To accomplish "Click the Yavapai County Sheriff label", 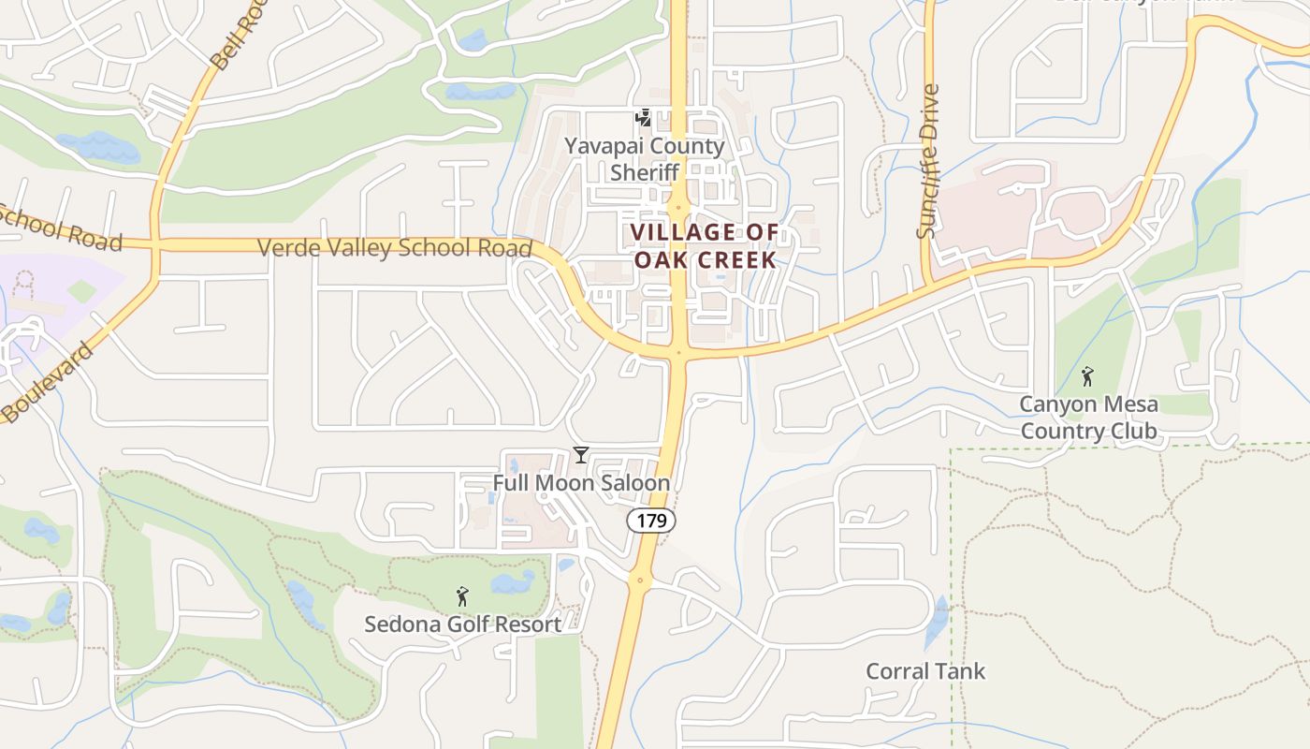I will click(x=644, y=159).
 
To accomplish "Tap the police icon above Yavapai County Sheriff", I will click(x=643, y=118).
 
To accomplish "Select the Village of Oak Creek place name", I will click(x=705, y=245).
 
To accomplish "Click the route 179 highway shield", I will click(x=650, y=521).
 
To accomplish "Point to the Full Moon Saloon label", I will click(x=581, y=483).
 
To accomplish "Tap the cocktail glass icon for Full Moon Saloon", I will click(x=581, y=455).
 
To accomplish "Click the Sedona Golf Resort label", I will click(x=462, y=624).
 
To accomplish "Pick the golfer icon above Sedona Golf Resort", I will click(x=461, y=595).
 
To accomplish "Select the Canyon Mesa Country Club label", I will click(x=1088, y=418).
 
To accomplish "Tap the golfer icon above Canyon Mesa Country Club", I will click(x=1086, y=376).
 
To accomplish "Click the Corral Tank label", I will click(x=924, y=671).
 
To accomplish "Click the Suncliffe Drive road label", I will click(x=927, y=161).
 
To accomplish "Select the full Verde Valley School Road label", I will click(x=394, y=248).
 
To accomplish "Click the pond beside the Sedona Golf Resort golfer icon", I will click(x=512, y=583).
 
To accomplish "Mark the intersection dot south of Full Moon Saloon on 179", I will click(x=639, y=581).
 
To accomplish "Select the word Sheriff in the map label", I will click(x=644, y=172).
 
